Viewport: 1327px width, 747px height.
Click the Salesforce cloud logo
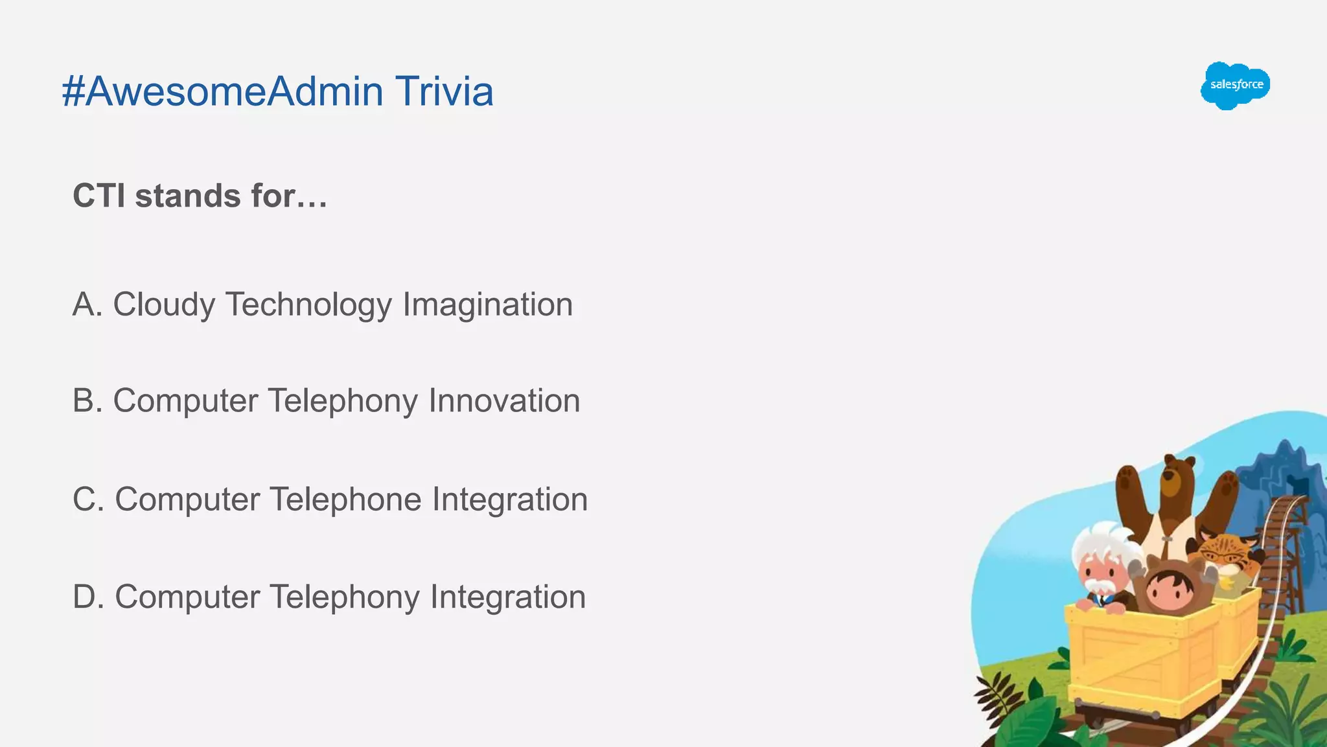(x=1235, y=86)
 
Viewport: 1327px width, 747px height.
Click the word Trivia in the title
(x=444, y=91)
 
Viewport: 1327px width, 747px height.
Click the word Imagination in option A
(x=487, y=305)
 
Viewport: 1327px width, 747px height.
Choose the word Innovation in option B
(x=504, y=401)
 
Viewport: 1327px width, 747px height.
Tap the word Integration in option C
(x=510, y=500)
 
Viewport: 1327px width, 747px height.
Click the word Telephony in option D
(x=344, y=597)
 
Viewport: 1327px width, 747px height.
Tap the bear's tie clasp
(x=1167, y=537)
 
